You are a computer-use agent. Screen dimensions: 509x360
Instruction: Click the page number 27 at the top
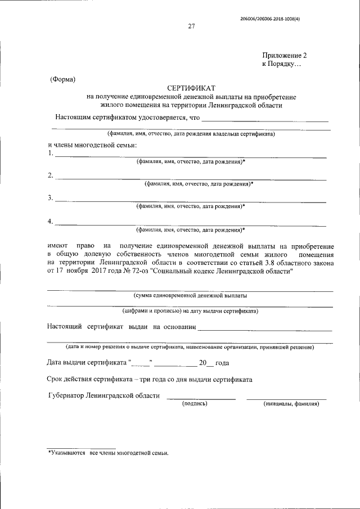coord(191,26)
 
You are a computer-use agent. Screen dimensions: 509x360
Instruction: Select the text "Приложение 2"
coord(285,55)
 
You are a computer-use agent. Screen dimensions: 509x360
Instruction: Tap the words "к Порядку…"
coord(282,65)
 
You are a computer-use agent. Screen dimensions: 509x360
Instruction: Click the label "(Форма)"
coord(62,79)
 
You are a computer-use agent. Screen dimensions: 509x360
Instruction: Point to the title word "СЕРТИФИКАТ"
coord(191,88)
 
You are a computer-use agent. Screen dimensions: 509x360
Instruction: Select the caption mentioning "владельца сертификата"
coord(191,134)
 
